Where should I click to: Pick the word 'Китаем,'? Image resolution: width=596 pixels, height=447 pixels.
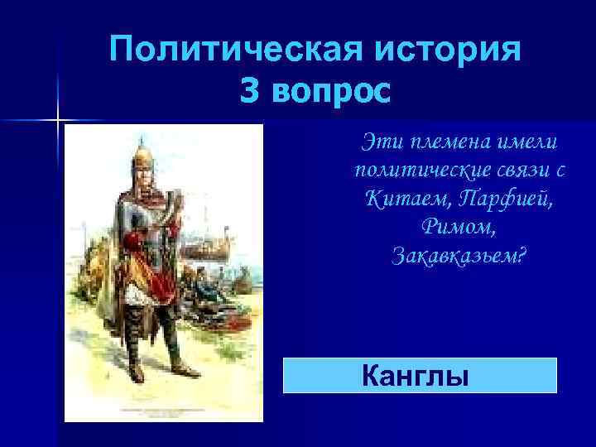click(398, 199)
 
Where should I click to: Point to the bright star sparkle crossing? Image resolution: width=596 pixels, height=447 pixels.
click(60, 121)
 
